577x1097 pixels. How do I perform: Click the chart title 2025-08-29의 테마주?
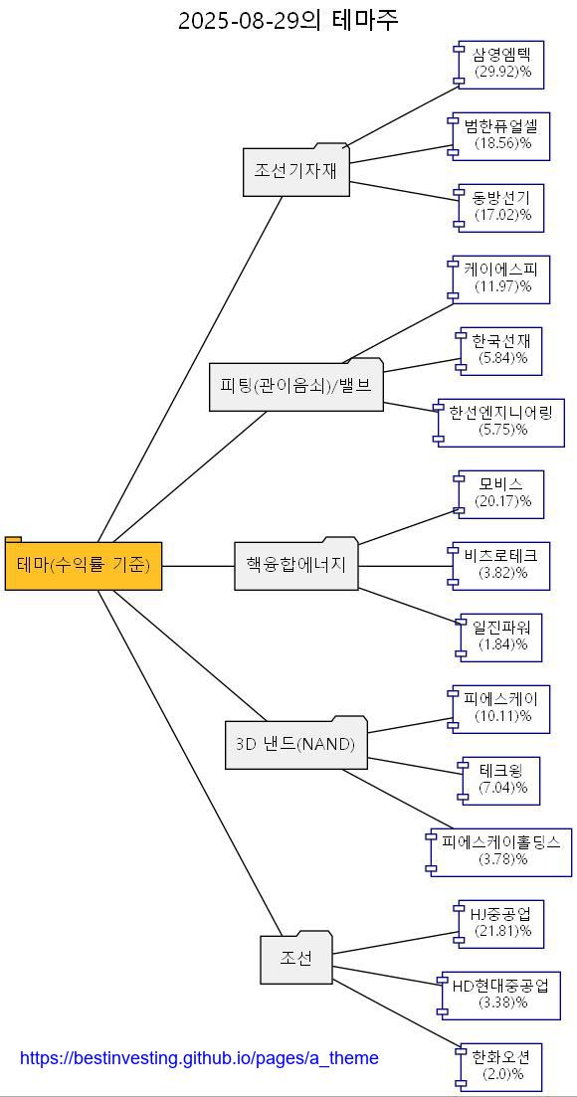pyautogui.click(x=288, y=20)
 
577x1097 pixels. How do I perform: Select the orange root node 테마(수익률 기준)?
pyautogui.click(x=84, y=566)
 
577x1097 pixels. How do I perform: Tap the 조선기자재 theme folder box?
pyautogui.click(x=295, y=171)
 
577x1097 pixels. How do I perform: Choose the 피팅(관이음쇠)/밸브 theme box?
pyautogui.click(x=295, y=386)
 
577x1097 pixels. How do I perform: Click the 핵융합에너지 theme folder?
pyautogui.click(x=295, y=565)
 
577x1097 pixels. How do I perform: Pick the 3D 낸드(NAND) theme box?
pyautogui.click(x=295, y=744)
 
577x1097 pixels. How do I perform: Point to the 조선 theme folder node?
pyautogui.click(x=295, y=959)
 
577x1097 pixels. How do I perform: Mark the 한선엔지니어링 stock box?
pyautogui.click(x=501, y=422)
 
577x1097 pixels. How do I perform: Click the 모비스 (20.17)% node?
pyautogui.click(x=501, y=493)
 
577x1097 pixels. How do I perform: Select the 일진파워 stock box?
pyautogui.click(x=501, y=637)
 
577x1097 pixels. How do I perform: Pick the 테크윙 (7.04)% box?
pyautogui.click(x=501, y=780)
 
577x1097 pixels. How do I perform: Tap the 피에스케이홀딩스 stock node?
pyautogui.click(x=501, y=851)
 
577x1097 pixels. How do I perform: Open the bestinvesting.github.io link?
pyautogui.click(x=199, y=1058)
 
